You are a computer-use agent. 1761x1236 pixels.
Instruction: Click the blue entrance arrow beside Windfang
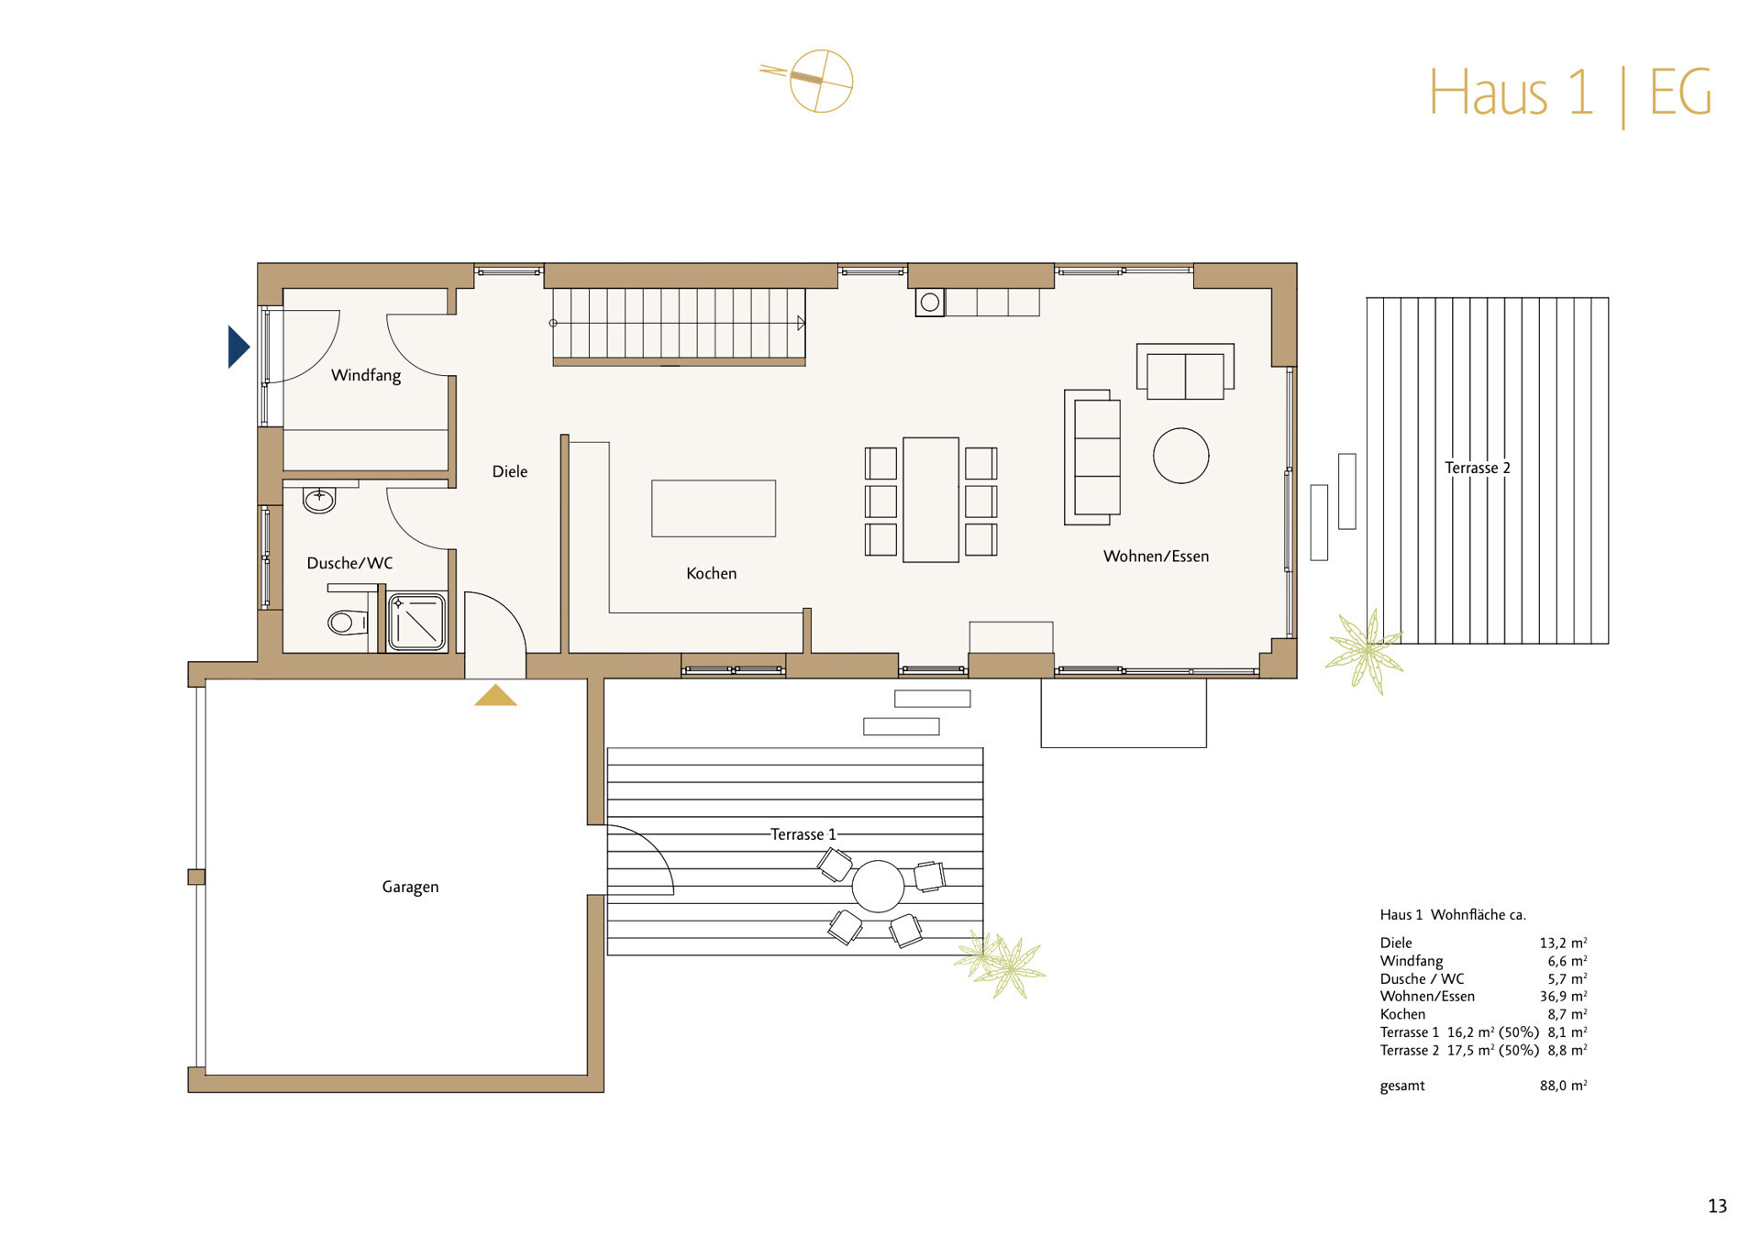[x=238, y=347]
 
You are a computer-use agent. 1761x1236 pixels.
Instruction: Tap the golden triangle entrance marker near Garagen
[x=495, y=696]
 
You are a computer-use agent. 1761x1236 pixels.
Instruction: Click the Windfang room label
[x=366, y=375]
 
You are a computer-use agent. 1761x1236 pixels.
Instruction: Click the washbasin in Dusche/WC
[x=319, y=500]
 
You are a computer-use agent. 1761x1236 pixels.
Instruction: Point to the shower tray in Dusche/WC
[x=417, y=623]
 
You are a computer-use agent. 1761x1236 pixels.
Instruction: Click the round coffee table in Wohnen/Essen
[x=1180, y=456]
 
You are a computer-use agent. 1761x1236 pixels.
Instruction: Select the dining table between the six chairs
[x=930, y=500]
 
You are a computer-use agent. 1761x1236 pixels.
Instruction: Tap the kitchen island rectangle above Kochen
[x=714, y=508]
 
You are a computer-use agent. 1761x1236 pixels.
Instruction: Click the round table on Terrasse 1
[x=878, y=887]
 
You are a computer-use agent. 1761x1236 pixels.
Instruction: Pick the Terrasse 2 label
[x=1477, y=468]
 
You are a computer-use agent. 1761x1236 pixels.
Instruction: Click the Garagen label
[x=410, y=887]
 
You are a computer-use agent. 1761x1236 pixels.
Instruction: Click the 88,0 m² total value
[x=1563, y=1086]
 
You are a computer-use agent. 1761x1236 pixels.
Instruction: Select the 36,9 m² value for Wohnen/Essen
[x=1563, y=997]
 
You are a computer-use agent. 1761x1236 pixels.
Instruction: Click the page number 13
[x=1717, y=1207]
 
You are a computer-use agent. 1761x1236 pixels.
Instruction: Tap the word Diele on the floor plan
[x=510, y=471]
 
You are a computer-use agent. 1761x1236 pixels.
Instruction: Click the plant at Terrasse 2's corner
[x=1364, y=650]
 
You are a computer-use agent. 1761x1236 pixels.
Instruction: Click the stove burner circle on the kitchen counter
[x=930, y=302]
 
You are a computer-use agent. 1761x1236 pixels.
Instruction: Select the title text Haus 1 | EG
[x=1569, y=93]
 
